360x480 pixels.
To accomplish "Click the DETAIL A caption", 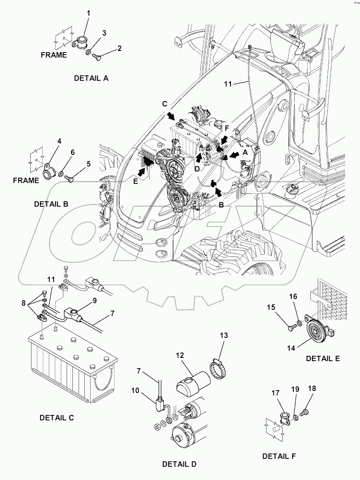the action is (91, 78).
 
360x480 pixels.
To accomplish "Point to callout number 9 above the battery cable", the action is (95, 301).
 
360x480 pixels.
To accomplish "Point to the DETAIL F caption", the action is (279, 456).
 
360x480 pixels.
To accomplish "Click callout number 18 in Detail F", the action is (312, 389).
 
